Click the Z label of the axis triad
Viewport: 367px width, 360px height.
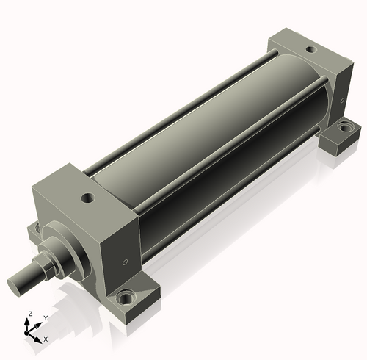(30, 314)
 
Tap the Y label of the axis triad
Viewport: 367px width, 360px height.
(46, 318)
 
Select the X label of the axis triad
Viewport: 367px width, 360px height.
(46, 339)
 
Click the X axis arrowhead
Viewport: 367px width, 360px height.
(37, 339)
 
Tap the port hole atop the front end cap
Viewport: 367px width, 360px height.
(88, 198)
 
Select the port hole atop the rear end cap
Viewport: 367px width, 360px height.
(311, 50)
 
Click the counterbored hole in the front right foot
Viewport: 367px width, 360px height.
(126, 297)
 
